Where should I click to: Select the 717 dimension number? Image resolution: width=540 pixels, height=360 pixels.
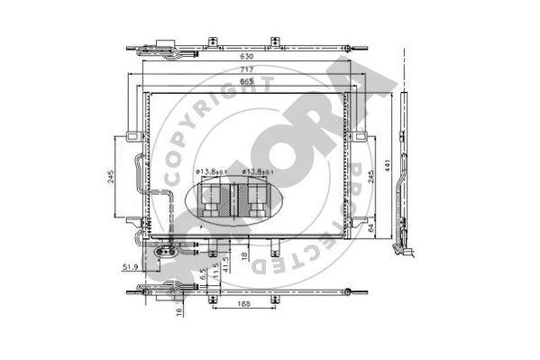point(246,70)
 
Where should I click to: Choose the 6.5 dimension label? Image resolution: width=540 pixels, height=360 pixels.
point(205,271)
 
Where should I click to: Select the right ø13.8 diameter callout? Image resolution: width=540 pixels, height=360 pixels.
point(257,170)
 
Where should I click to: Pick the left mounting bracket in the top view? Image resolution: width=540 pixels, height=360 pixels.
point(212,42)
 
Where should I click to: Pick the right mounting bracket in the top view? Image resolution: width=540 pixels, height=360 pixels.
point(274,42)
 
